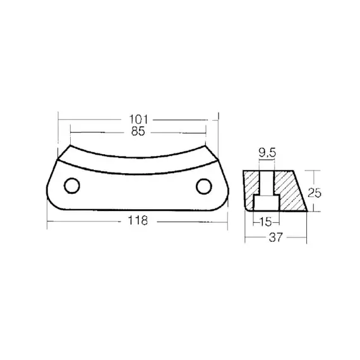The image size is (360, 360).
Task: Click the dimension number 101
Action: tap(139, 119)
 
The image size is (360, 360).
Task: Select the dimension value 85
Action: tap(138, 131)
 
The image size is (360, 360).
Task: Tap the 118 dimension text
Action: tap(138, 220)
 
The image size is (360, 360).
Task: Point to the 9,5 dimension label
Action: tap(267, 153)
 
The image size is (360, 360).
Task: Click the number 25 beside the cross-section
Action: tap(315, 193)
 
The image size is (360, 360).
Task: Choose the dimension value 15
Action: tap(266, 222)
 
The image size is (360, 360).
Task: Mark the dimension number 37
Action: tap(275, 237)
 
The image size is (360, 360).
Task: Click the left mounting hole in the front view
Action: tap(72, 186)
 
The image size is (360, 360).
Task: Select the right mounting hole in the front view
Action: tap(204, 186)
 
